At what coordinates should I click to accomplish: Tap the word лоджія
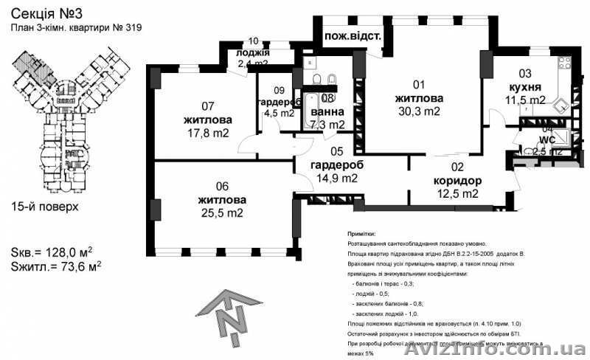pos(253,53)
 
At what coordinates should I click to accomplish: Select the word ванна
pos(327,112)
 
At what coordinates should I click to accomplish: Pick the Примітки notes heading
pos(361,232)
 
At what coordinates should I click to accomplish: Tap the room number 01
pos(419,84)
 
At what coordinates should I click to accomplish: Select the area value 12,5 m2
pos(456,194)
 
